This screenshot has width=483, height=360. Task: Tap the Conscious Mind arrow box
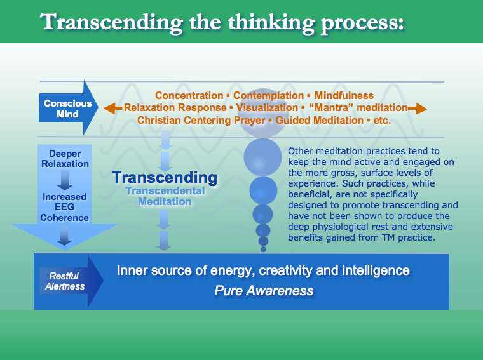[x=67, y=109]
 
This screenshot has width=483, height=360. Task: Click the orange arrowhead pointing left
[x=110, y=108]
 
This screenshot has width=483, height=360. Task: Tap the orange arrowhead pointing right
[x=421, y=108]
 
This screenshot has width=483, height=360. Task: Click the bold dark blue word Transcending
[x=165, y=177]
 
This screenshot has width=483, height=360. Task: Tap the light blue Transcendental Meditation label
[x=165, y=196]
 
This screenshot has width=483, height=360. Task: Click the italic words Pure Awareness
[x=263, y=291]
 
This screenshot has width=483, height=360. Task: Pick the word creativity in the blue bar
[x=289, y=270]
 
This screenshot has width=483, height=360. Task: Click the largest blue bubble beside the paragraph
[x=263, y=156]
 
